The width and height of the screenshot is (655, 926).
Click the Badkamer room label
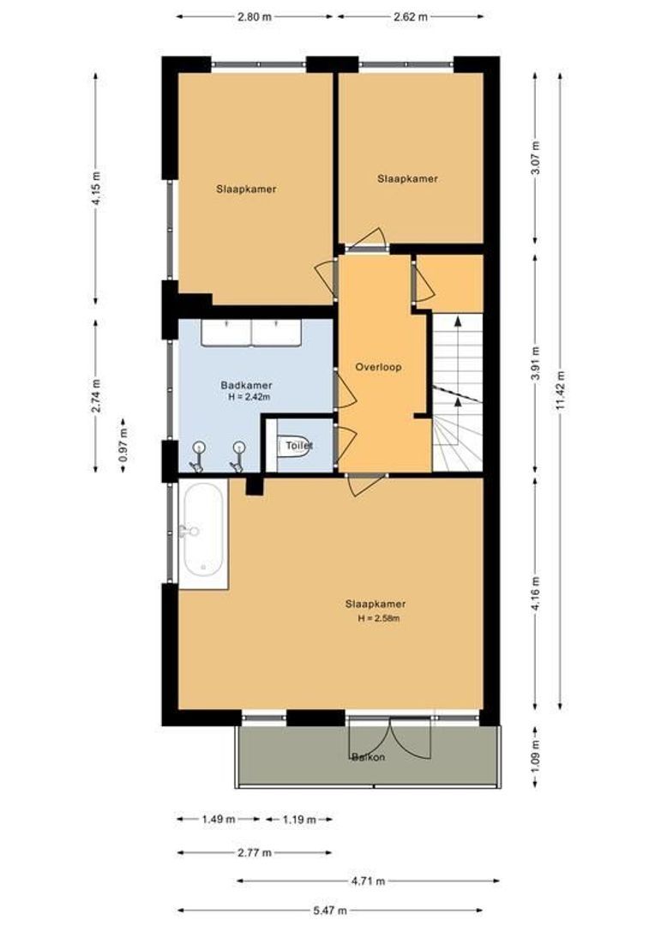(246, 386)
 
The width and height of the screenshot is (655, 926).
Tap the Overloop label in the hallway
(378, 367)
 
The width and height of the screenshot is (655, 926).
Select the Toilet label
(299, 446)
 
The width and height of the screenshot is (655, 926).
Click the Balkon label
(368, 757)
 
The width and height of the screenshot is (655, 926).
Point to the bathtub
(203, 532)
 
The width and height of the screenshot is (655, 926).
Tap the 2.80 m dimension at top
(255, 16)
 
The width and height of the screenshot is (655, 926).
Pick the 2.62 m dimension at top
(410, 16)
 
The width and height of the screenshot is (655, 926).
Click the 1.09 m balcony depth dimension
(537, 757)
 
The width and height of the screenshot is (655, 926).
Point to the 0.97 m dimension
(123, 446)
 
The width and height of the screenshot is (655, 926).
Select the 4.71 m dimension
(368, 881)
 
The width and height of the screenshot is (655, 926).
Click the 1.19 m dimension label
(297, 820)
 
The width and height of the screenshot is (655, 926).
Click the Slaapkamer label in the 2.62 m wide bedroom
(407, 178)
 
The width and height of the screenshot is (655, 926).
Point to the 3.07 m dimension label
(537, 159)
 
